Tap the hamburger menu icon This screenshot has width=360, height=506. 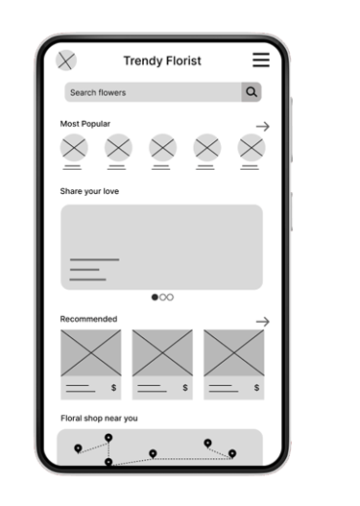tap(261, 60)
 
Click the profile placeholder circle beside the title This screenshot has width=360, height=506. tap(66, 60)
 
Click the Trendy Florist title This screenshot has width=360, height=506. tap(162, 61)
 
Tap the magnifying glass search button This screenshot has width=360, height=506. tap(252, 92)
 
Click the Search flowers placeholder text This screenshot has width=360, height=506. tap(98, 92)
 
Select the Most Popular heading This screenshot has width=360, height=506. tap(85, 124)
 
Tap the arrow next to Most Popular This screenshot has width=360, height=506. tap(263, 127)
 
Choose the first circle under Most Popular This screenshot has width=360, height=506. tap(74, 148)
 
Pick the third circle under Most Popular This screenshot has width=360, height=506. tap(162, 148)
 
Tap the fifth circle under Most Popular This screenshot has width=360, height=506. tap(252, 148)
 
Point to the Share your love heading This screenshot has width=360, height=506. tap(89, 191)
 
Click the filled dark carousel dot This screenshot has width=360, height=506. tap(155, 298)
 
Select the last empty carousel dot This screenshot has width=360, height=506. tap(170, 298)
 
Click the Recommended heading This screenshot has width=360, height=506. tap(88, 319)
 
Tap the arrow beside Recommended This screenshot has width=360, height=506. tap(263, 322)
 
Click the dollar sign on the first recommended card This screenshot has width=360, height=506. tap(113, 388)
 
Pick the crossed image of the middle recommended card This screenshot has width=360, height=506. tap(162, 353)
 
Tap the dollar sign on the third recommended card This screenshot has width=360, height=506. tap(256, 388)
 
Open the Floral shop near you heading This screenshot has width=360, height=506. tap(99, 419)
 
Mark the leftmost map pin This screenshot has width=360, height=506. tap(78, 448)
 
